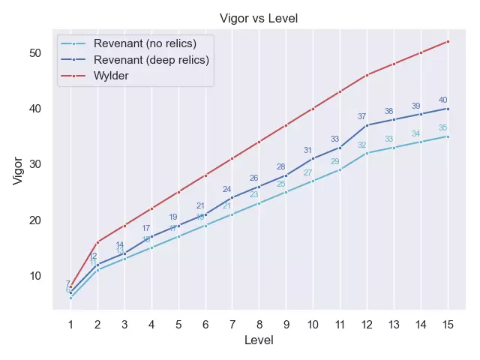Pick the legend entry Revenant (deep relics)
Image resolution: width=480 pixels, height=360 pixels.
151,59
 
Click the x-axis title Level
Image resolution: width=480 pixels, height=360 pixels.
259,340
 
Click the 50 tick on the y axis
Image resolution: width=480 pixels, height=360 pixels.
34,52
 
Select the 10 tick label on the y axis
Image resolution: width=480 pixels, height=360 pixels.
34,275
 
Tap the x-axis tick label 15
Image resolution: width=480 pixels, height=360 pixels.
448,324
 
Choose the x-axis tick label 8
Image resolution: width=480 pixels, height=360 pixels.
259,324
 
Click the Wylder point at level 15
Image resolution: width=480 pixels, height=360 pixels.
448,41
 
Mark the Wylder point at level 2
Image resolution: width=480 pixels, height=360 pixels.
97,242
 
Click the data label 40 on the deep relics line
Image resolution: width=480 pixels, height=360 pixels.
443,100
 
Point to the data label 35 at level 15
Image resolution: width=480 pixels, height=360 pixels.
443,128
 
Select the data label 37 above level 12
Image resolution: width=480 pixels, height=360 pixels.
362,117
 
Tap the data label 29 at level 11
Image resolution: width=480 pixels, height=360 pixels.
335,161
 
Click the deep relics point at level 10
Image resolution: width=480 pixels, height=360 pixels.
313,158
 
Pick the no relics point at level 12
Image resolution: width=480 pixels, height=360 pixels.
367,153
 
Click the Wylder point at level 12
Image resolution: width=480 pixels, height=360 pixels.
367,75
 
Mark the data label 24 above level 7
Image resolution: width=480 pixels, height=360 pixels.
227,189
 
